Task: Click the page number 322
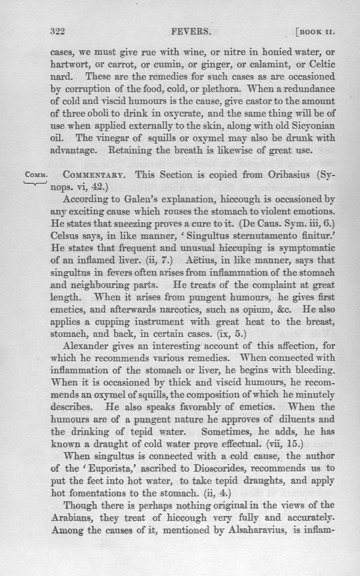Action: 58,31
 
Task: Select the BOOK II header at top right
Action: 316,32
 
